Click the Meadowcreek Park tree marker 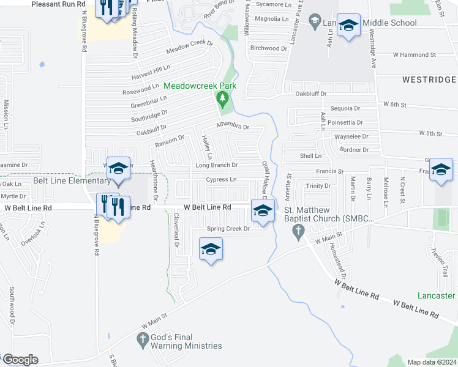pyautogui.click(x=223, y=98)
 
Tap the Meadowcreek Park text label pyautogui.click(x=199, y=86)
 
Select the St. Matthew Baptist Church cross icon pyautogui.click(x=298, y=231)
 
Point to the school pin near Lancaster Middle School pyautogui.click(x=348, y=26)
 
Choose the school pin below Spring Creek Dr pyautogui.click(x=211, y=250)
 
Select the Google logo pyautogui.click(x=20, y=360)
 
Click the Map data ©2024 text pyautogui.click(x=432, y=362)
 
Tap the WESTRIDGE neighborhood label pyautogui.click(x=429, y=80)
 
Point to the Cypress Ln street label pyautogui.click(x=221, y=179)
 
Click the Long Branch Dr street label pyautogui.click(x=216, y=165)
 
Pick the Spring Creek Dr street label pyautogui.click(x=228, y=229)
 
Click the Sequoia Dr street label pyautogui.click(x=345, y=108)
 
